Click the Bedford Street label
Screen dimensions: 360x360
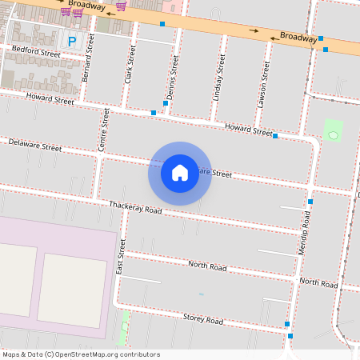[x=37, y=52]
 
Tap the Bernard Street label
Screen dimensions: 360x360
[x=88, y=57]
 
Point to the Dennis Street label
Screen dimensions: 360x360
[x=171, y=78]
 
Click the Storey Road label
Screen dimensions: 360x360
[x=203, y=319]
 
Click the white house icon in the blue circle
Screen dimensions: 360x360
[x=180, y=173]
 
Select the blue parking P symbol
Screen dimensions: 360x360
[x=72, y=41]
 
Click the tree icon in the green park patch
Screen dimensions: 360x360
[x=333, y=135]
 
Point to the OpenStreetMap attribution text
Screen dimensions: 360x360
[x=82, y=354]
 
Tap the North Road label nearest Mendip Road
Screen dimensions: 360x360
[x=318, y=282]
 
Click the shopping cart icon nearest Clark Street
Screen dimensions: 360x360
[x=121, y=6]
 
